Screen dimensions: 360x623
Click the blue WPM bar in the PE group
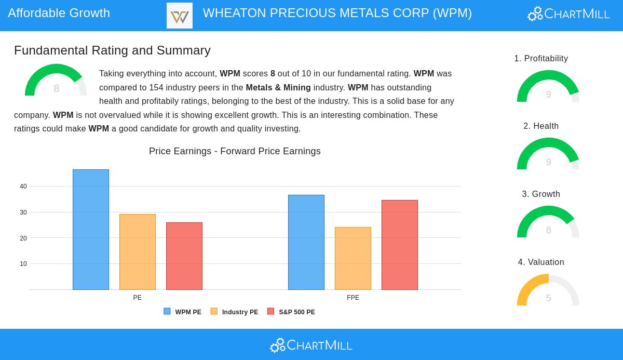pos(91,230)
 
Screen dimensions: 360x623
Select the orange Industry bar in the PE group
pos(138,252)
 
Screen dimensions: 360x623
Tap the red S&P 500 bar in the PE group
pos(184,256)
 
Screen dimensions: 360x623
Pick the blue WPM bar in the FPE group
pos(306,242)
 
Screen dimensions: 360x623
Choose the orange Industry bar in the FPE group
pos(353,258)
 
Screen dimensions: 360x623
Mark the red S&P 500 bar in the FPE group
pos(400,245)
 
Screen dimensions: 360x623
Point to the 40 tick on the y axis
pos(23,186)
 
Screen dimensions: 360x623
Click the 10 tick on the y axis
pos(23,264)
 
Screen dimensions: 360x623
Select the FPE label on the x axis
pos(353,298)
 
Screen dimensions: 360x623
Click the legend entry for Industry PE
pos(234,312)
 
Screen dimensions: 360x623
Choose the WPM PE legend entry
pos(183,312)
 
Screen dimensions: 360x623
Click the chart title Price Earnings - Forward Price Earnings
pos(235,151)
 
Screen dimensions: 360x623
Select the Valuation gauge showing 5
pos(548,291)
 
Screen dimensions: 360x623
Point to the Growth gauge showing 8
pos(548,223)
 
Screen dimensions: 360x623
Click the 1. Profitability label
pos(541,59)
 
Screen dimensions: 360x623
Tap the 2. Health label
pos(541,126)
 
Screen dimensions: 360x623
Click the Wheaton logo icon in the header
pos(180,16)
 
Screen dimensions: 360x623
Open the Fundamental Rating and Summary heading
pos(112,50)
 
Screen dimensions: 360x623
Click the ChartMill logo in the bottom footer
pos(311,345)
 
